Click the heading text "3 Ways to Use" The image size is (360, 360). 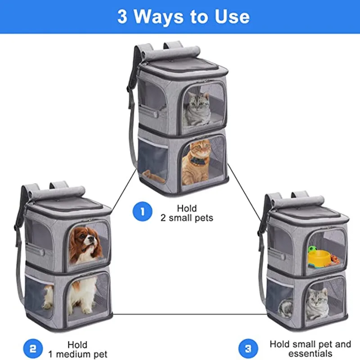tap(183, 17)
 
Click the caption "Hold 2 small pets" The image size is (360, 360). tap(186, 213)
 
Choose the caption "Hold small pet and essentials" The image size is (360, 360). tap(310, 349)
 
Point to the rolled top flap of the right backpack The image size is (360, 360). tap(306, 200)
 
